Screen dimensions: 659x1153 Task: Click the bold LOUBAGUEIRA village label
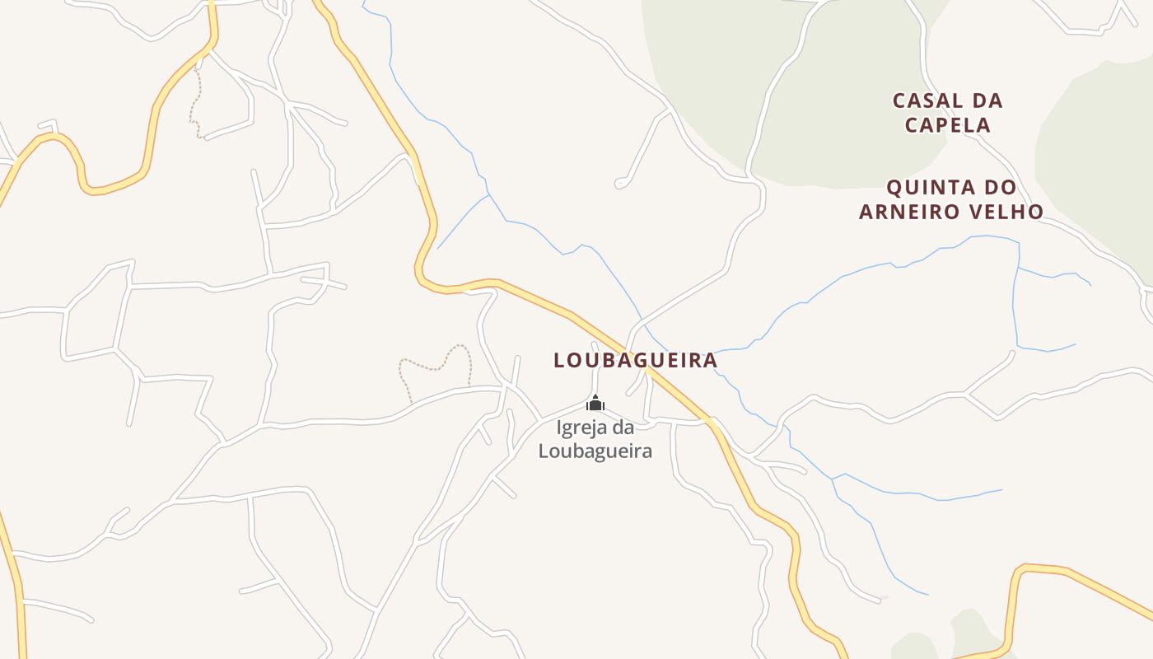635,361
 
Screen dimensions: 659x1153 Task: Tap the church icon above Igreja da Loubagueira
595,403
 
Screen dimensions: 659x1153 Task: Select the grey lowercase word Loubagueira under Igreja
595,451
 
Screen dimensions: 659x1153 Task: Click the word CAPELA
948,126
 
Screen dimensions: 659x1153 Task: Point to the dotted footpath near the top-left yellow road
195,103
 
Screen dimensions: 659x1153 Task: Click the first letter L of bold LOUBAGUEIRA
559,361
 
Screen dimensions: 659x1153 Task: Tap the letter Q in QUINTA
894,188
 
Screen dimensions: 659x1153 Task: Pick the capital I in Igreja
559,428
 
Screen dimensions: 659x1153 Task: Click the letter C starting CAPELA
912,126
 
